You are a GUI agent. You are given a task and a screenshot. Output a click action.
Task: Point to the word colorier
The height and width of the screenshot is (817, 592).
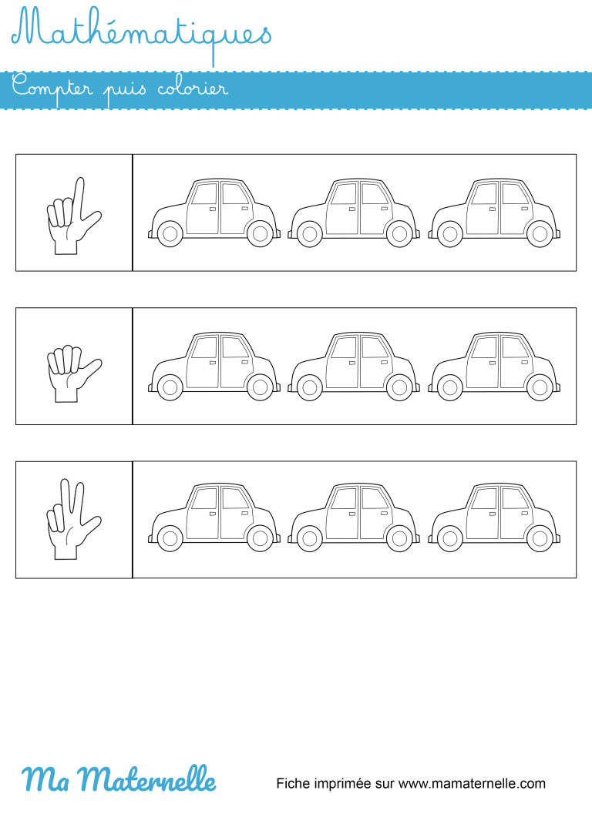(192, 89)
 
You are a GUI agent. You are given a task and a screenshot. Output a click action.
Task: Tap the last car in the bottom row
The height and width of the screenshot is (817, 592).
(494, 519)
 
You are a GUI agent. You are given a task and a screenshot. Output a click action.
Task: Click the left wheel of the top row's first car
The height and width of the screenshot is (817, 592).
(170, 233)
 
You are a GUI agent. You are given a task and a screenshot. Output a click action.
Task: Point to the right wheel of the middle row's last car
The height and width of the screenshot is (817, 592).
(540, 387)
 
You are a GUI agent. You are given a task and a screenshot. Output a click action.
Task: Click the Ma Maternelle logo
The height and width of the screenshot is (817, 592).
(119, 779)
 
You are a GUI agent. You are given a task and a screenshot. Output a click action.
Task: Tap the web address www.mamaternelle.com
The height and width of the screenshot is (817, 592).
(472, 784)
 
